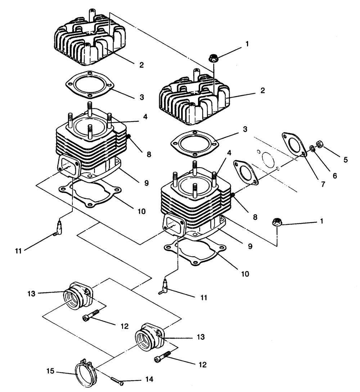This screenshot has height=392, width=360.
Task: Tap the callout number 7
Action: coord(323,184)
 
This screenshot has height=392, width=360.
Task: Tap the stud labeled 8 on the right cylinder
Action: coord(233,195)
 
